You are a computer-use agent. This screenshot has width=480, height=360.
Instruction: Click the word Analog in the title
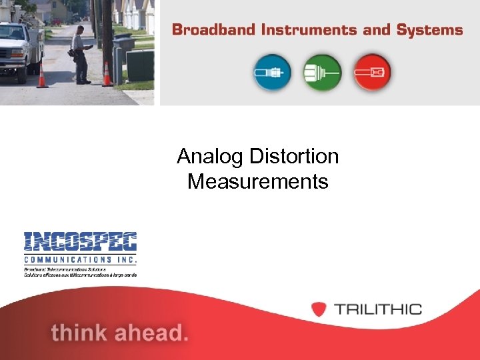click(211, 157)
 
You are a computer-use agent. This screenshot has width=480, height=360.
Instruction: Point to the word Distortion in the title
click(294, 157)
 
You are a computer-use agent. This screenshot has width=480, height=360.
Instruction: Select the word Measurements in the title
click(258, 181)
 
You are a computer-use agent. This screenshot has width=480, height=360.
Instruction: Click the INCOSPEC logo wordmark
click(80, 242)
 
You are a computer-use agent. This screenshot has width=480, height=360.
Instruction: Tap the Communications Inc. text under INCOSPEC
click(80, 259)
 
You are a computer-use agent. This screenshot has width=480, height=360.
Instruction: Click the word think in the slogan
click(84, 332)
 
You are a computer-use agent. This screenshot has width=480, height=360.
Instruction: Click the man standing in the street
click(81, 55)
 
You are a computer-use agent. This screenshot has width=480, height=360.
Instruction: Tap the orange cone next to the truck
click(42, 77)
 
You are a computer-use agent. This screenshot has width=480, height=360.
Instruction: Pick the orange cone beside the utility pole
click(107, 75)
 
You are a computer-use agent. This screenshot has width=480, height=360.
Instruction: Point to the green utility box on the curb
click(139, 65)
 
